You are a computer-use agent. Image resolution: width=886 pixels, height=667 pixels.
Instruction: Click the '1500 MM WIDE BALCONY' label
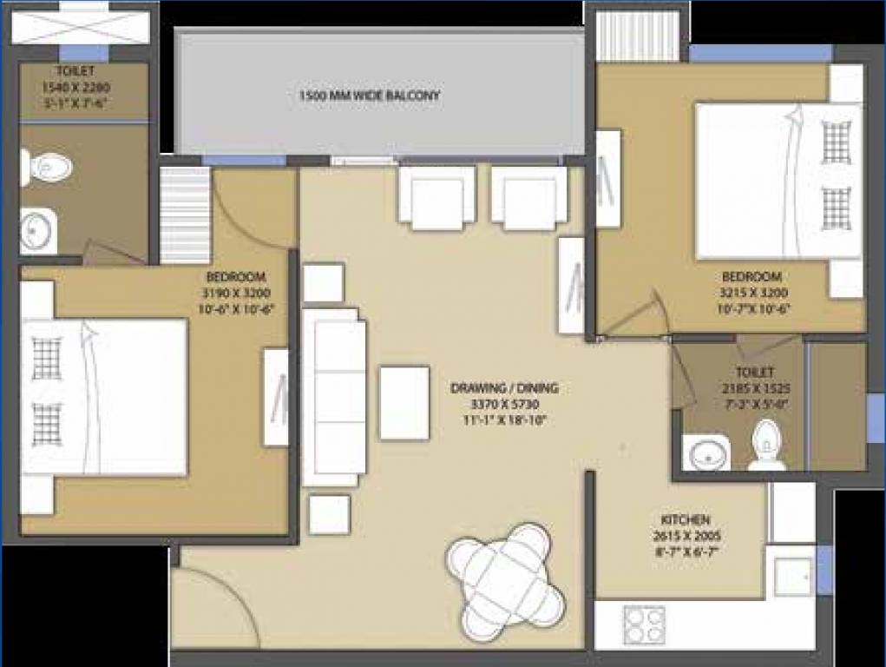click(370, 95)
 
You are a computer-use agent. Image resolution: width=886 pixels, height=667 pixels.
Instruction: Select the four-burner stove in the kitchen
click(643, 624)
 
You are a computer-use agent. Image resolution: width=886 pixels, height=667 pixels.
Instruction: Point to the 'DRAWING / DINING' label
click(504, 388)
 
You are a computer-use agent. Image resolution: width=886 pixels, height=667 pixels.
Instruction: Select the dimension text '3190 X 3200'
click(233, 294)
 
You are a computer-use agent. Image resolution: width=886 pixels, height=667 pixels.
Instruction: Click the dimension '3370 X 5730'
click(504, 404)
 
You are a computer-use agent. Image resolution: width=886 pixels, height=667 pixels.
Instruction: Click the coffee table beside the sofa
click(404, 402)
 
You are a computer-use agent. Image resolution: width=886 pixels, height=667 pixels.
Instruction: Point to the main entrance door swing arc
click(217, 599)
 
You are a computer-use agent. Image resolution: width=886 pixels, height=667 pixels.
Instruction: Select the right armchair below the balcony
click(529, 195)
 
